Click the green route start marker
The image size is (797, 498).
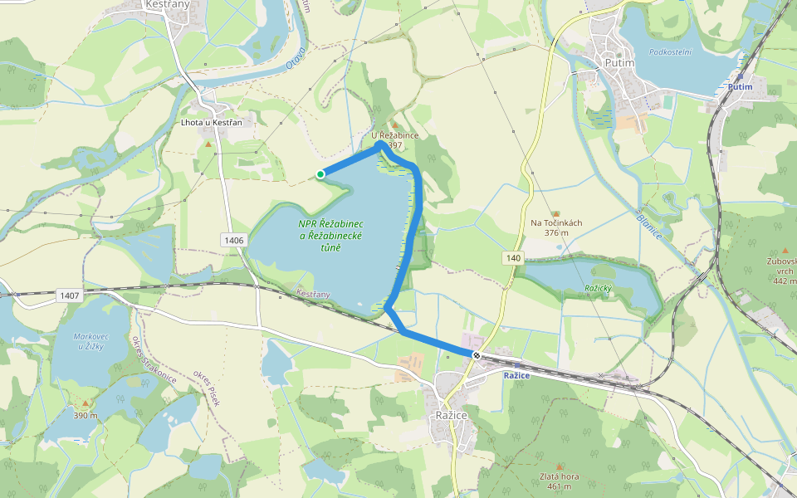[320, 173]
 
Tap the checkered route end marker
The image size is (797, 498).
[476, 355]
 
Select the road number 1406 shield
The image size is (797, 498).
[234, 240]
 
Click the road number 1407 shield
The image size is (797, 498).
[70, 295]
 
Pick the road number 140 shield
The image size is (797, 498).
[513, 259]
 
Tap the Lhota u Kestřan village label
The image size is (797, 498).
[211, 123]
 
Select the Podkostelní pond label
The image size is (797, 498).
[670, 51]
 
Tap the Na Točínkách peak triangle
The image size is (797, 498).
[555, 213]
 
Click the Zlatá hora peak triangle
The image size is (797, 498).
[559, 466]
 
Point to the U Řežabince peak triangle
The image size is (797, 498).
[395, 124]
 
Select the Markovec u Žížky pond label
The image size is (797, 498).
[88, 341]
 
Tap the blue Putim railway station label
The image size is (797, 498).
[739, 86]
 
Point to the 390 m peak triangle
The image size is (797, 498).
[85, 404]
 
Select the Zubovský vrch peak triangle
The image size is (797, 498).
[785, 250]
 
